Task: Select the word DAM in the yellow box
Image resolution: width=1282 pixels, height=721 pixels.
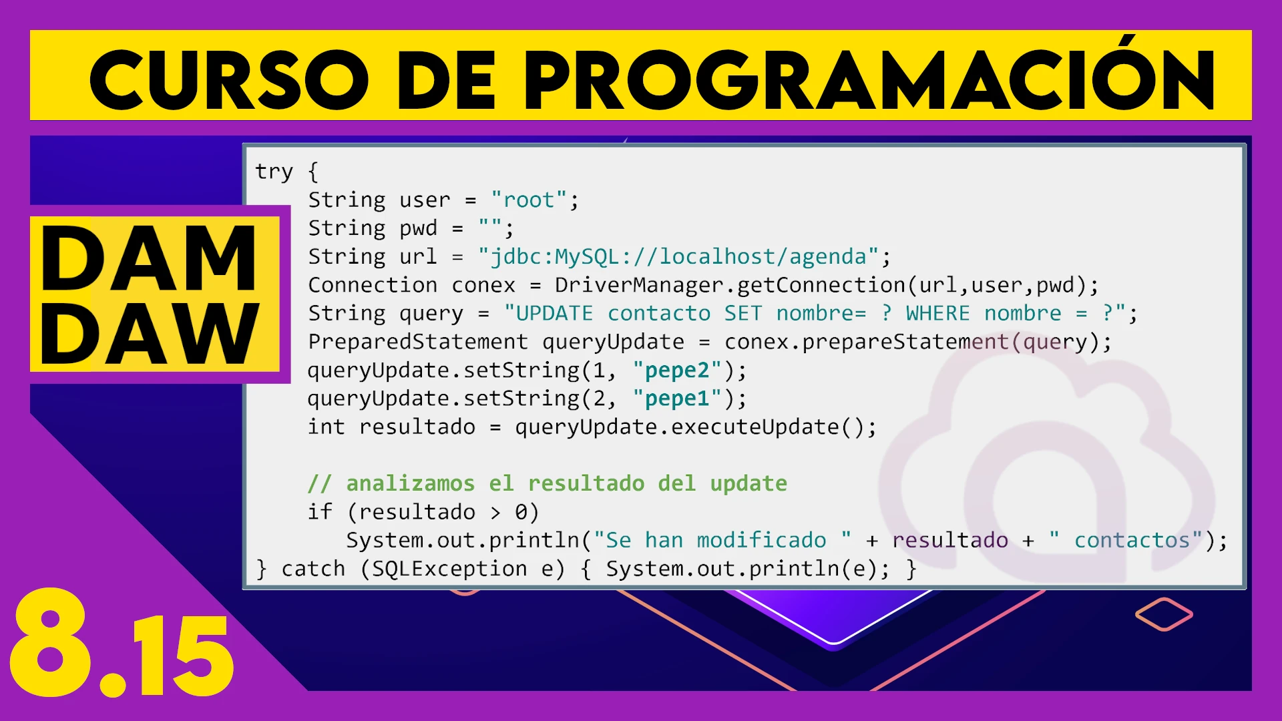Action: pos(148,258)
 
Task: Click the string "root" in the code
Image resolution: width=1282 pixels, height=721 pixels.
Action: pos(529,200)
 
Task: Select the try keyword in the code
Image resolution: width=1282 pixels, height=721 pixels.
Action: pos(274,172)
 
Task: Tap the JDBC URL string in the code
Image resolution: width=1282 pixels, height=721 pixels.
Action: pos(678,256)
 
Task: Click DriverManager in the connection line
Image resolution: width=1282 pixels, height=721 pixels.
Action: pos(640,285)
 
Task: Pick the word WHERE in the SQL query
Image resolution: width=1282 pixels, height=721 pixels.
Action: pos(937,313)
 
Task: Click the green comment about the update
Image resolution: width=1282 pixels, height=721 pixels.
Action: pos(548,483)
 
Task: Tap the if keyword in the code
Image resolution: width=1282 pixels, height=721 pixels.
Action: pos(320,511)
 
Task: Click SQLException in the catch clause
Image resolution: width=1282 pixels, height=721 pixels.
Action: pos(449,569)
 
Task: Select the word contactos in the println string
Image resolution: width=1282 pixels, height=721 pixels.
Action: pos(1132,540)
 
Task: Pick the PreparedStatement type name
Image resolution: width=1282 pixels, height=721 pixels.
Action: pos(418,342)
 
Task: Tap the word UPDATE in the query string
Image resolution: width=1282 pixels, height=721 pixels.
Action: pos(554,313)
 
